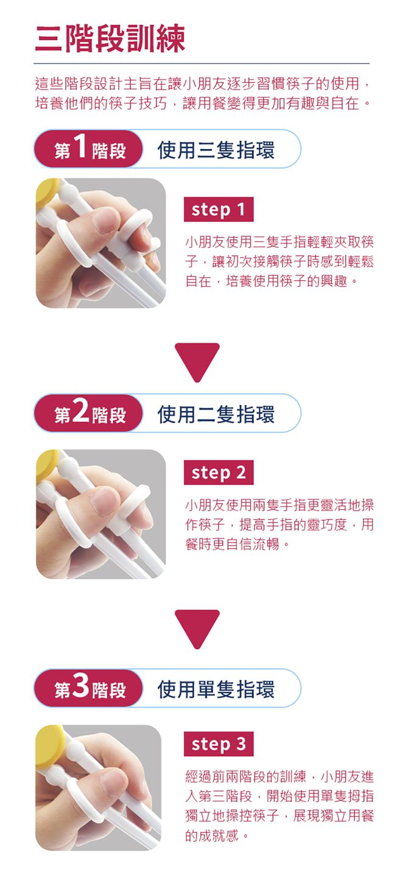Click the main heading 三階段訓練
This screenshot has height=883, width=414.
click(110, 38)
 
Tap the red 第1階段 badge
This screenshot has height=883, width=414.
click(89, 149)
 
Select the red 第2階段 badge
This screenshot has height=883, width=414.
click(89, 414)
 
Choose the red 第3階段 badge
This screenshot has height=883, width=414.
click(89, 689)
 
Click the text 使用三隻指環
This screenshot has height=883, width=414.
click(216, 149)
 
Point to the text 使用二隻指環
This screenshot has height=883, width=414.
click(216, 414)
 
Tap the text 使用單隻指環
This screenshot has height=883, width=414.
click(216, 689)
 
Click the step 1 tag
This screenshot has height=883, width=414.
click(218, 210)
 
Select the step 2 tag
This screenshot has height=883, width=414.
click(218, 473)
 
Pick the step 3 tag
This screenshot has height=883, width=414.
click(218, 744)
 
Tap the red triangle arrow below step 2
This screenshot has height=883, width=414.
click(197, 627)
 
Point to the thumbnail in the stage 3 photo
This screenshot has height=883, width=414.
click(113, 783)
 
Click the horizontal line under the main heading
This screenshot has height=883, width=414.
click(202, 63)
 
